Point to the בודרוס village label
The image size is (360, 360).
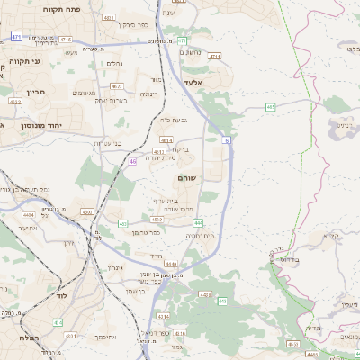[289, 259]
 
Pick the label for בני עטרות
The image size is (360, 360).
[107, 143]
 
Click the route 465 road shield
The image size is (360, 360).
[271, 106]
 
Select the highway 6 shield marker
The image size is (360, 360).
[227, 140]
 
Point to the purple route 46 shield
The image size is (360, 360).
[132, 161]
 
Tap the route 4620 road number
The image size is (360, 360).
[87, 211]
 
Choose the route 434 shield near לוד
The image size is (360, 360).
[58, 322]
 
